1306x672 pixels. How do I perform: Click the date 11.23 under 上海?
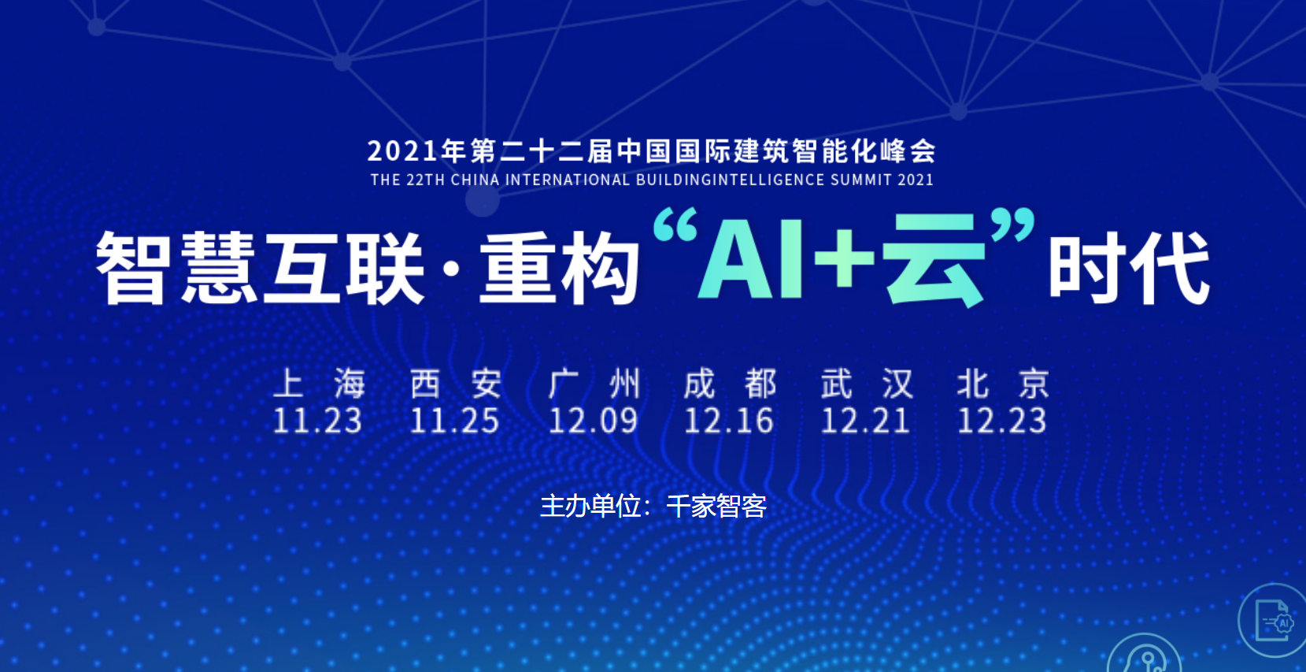pos(317,421)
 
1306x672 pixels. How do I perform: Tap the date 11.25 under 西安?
pos(454,421)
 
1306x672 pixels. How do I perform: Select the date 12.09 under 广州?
pos(593,421)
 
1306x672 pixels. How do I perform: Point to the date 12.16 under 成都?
pos(729,421)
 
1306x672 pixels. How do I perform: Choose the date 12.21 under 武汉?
pos(865,421)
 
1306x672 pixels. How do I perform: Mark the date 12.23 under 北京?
pos(1001,421)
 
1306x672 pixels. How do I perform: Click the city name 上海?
pos(320,384)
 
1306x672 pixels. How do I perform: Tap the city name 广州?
pos(594,384)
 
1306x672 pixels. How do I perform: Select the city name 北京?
pos(1004,384)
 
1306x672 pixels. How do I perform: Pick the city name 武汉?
pos(867,384)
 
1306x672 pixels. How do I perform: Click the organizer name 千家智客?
pos(716,507)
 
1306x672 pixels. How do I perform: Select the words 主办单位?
pos(590,507)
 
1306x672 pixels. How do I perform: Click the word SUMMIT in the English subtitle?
pos(861,180)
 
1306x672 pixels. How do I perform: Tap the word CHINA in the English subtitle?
pos(475,180)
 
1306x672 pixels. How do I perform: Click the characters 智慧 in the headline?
pos(176,268)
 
